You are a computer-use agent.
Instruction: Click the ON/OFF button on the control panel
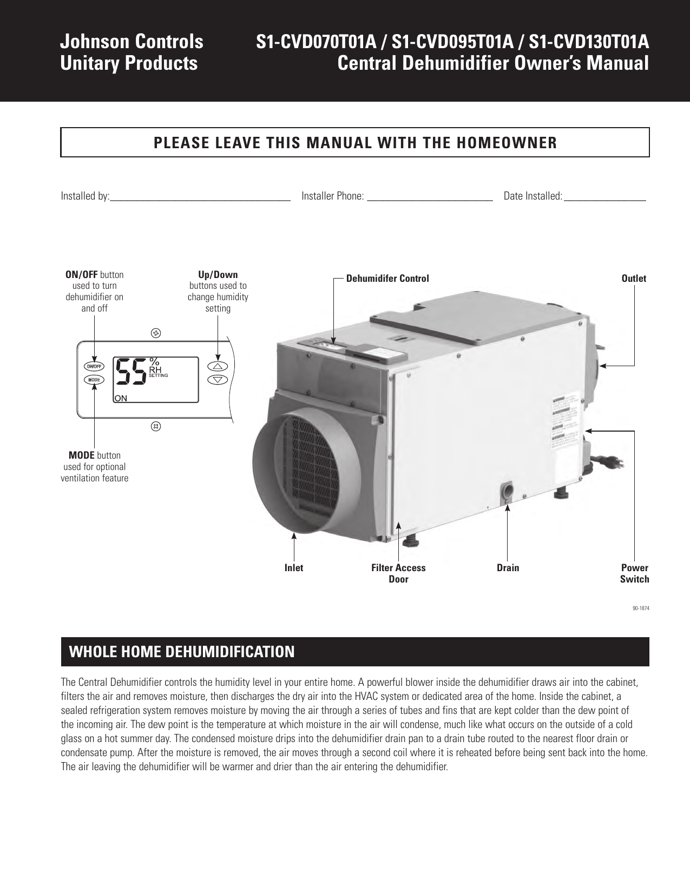point(94,366)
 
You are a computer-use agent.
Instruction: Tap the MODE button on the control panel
point(94,380)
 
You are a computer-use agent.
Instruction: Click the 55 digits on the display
point(130,372)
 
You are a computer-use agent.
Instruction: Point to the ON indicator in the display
point(121,398)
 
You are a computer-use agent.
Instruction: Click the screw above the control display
point(156,333)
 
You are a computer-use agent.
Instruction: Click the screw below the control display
point(156,426)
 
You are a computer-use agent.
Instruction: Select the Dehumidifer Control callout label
point(387,279)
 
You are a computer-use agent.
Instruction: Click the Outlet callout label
point(634,279)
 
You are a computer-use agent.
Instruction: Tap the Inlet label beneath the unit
point(294,568)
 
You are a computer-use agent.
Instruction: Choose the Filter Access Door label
point(398,573)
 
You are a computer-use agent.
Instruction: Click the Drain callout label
point(508,568)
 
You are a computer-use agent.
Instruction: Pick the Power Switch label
point(634,573)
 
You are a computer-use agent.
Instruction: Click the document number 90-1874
point(641,608)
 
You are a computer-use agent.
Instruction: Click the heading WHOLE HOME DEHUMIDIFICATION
point(182,652)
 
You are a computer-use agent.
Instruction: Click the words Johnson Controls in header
point(132,42)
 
